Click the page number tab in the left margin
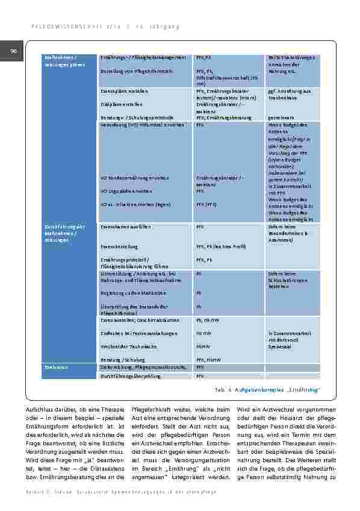click(11, 52)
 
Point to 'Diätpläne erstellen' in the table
click(121, 102)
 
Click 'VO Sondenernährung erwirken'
click(134, 178)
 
